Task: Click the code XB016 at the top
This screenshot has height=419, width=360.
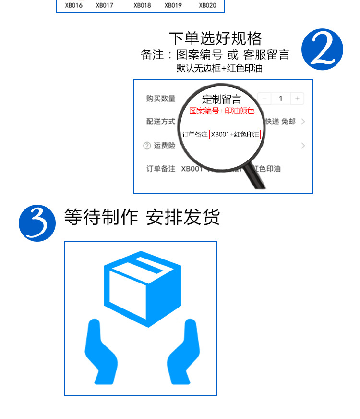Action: pos(74,6)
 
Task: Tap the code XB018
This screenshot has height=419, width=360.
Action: pos(143,6)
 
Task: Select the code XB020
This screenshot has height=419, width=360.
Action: pos(207,6)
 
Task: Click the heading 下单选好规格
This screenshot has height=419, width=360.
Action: pos(215,38)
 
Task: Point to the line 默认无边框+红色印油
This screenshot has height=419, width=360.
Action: pos(219,68)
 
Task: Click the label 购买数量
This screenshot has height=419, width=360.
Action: pos(161,99)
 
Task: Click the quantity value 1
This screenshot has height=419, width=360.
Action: pos(281,99)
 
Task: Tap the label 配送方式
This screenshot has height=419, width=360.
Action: pos(161,122)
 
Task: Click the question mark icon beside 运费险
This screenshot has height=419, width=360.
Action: pos(147,146)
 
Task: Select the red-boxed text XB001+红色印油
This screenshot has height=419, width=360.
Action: pos(235,135)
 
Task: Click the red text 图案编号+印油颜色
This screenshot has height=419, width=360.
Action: pos(222,111)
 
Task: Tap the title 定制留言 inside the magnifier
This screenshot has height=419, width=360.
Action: pos(222,99)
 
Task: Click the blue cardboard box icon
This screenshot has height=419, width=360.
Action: pos(143,288)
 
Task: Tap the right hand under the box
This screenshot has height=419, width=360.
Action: pos(183,353)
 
